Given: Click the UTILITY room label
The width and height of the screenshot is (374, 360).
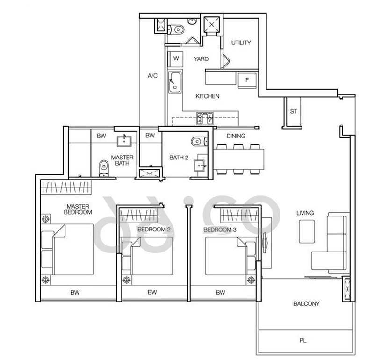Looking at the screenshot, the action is tap(241, 43).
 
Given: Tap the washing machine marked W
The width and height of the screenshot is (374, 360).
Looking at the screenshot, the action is tap(176, 59).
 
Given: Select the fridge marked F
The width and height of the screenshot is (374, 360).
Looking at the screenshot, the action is tap(247, 80).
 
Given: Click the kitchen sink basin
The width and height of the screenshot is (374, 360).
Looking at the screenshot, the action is tap(175, 82).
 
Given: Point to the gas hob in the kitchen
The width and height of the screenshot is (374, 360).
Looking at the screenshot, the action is tap(205, 119).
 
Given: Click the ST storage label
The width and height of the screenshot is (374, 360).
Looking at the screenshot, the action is tap(294, 111).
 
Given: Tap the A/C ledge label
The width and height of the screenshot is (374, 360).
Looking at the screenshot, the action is tap(153, 76).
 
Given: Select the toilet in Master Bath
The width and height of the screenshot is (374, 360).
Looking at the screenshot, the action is tap(104, 168).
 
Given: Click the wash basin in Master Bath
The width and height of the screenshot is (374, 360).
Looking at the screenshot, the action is tap(124, 141).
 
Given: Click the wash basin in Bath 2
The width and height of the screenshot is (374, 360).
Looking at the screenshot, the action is tap(199, 166).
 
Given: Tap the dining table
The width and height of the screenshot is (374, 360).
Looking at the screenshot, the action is tap(238, 159).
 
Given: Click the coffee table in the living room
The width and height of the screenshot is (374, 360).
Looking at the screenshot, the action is tap(307, 231).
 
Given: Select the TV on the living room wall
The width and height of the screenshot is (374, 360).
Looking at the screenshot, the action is tap(265, 243).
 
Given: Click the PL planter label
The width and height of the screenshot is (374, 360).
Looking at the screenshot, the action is tap(302, 340).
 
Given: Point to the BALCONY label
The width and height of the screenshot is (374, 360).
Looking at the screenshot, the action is tap(306, 304).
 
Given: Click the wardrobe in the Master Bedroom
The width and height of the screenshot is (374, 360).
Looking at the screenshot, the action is tap(66, 187).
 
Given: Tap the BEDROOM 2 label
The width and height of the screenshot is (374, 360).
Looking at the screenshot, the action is tap(154, 230).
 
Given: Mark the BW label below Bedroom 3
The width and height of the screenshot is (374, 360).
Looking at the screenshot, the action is tap(220, 292).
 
